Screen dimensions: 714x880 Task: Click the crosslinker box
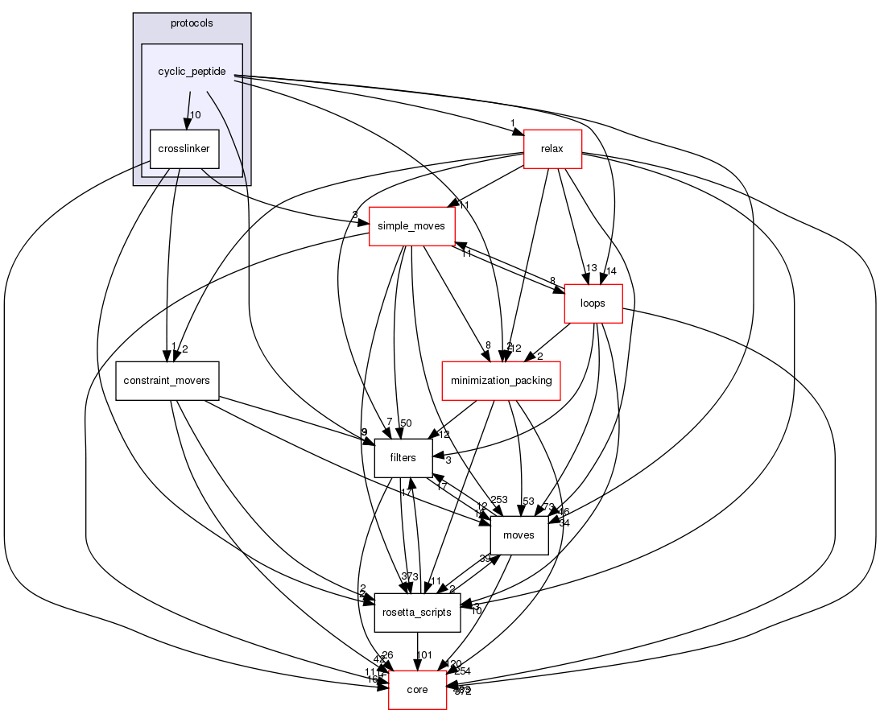pyautogui.click(x=184, y=149)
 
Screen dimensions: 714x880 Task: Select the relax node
pyautogui.click(x=552, y=149)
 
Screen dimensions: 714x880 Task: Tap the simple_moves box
pyautogui.click(x=411, y=226)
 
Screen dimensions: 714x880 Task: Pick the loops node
pyautogui.click(x=593, y=303)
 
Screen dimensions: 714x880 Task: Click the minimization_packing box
pyautogui.click(x=501, y=381)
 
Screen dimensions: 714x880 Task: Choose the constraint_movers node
pyautogui.click(x=167, y=381)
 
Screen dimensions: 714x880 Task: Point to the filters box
pyautogui.click(x=403, y=458)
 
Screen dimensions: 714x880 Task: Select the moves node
pyautogui.click(x=518, y=535)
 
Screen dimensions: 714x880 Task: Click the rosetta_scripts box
pyautogui.click(x=417, y=613)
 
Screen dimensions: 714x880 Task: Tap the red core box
pyautogui.click(x=417, y=690)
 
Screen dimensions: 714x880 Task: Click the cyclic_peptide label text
pyautogui.click(x=192, y=72)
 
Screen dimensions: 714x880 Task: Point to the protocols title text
pyautogui.click(x=192, y=23)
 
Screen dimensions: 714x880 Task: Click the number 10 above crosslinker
pyautogui.click(x=194, y=114)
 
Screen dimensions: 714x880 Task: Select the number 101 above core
pyautogui.click(x=425, y=654)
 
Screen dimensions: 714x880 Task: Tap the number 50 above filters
pyautogui.click(x=406, y=423)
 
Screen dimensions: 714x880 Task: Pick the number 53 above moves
pyautogui.click(x=528, y=501)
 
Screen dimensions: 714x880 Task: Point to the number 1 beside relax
pyautogui.click(x=511, y=123)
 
